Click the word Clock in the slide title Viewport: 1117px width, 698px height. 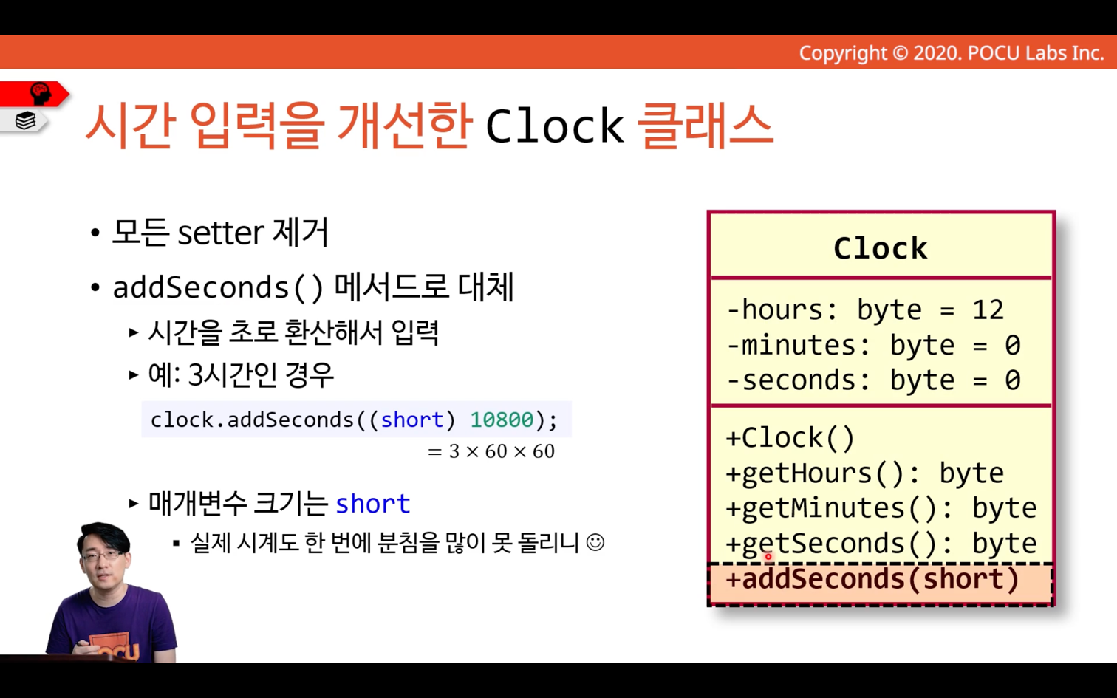point(555,126)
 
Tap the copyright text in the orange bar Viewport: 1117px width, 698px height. point(952,53)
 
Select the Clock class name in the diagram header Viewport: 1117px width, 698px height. point(880,248)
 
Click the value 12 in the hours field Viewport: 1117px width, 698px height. point(987,309)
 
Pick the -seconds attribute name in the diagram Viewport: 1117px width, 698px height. point(798,380)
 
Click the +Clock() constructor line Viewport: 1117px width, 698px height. point(790,438)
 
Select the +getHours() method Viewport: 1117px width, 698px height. point(864,473)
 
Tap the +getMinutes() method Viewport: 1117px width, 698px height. point(881,508)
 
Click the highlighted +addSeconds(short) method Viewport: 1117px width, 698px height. point(872,579)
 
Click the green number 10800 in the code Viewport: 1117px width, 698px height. point(502,420)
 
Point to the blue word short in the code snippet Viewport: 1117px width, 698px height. point(412,420)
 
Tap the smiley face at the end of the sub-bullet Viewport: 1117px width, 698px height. point(595,542)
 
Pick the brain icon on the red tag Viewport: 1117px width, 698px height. point(41,94)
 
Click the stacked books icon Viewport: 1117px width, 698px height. point(25,120)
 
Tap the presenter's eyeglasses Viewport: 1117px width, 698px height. point(102,555)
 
